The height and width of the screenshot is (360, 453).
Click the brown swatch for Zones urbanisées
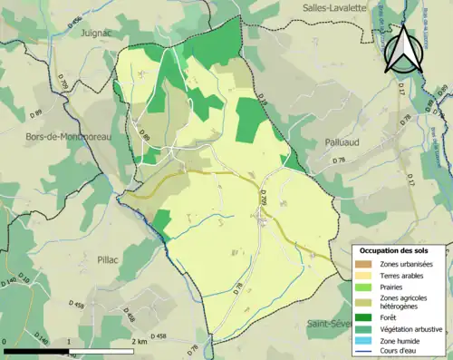pyautogui.click(x=367, y=264)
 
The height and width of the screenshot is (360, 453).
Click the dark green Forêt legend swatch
pyautogui.click(x=367, y=317)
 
